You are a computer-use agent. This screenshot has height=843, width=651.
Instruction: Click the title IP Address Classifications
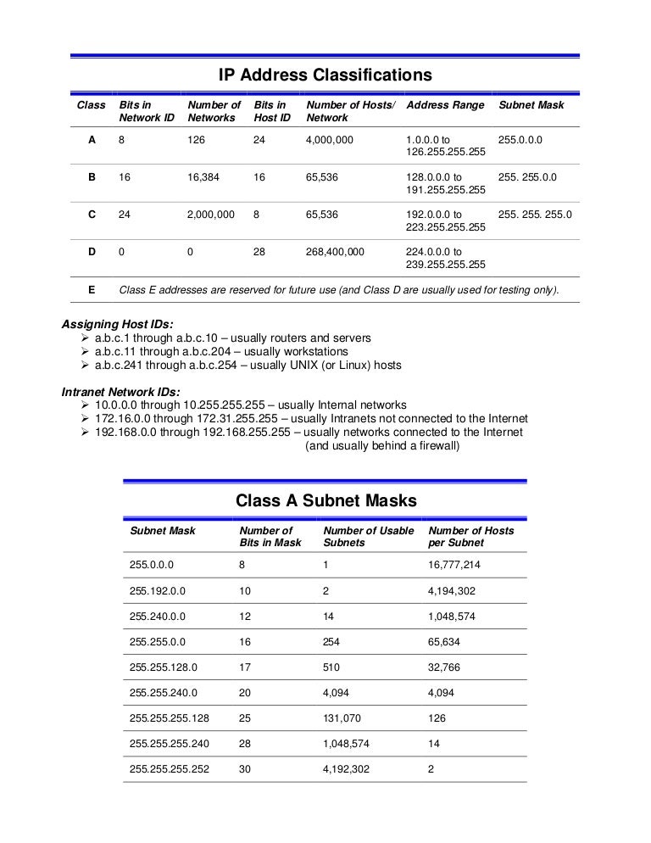tap(325, 75)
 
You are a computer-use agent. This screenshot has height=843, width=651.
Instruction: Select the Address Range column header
tap(445, 105)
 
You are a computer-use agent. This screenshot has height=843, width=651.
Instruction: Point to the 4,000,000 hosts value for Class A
tap(329, 139)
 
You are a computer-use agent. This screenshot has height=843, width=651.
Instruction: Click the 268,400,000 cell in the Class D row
tap(335, 252)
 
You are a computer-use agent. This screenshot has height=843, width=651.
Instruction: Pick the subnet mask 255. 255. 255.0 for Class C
tap(535, 215)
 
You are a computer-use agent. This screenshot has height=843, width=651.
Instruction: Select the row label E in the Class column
tap(92, 290)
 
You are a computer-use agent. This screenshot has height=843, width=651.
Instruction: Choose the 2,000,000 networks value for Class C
tap(210, 215)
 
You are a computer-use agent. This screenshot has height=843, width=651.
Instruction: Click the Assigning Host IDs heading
tap(117, 324)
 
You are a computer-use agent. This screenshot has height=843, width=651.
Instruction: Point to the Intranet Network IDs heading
tap(121, 392)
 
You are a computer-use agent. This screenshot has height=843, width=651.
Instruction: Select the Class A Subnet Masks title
tap(325, 500)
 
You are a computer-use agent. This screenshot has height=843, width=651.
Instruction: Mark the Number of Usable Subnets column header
tap(368, 537)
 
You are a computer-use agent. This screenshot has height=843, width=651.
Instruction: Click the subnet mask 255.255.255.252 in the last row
tap(170, 770)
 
